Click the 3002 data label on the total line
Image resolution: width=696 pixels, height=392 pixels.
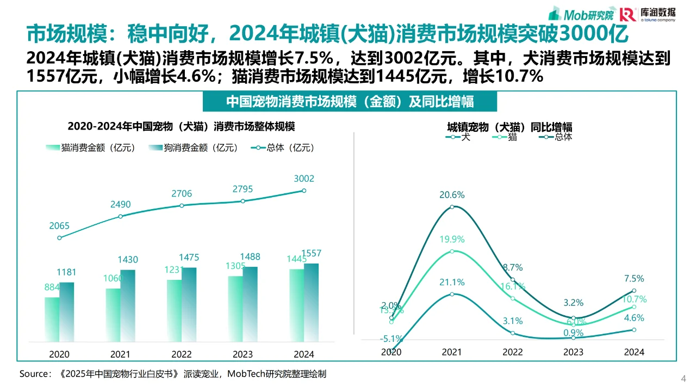point(303,179)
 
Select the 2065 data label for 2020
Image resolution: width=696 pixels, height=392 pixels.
point(59,225)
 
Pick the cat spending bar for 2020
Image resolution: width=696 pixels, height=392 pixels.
point(52,320)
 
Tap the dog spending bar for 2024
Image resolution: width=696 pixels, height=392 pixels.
point(311,303)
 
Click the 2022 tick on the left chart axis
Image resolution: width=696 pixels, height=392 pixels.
point(182,354)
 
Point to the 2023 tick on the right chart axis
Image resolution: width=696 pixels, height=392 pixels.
point(573,352)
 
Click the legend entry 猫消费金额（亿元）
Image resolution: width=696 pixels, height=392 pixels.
point(90,148)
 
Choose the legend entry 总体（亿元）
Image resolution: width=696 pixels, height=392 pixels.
point(282,148)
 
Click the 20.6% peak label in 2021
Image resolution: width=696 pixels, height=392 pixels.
point(452,195)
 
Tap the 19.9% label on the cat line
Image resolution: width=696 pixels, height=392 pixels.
point(452,240)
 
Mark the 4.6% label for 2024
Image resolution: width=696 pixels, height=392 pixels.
point(633,318)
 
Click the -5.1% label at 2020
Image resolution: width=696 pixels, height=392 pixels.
point(391,339)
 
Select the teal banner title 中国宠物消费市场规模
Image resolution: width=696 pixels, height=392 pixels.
point(350,102)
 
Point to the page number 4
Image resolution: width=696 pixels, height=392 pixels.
point(683,378)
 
